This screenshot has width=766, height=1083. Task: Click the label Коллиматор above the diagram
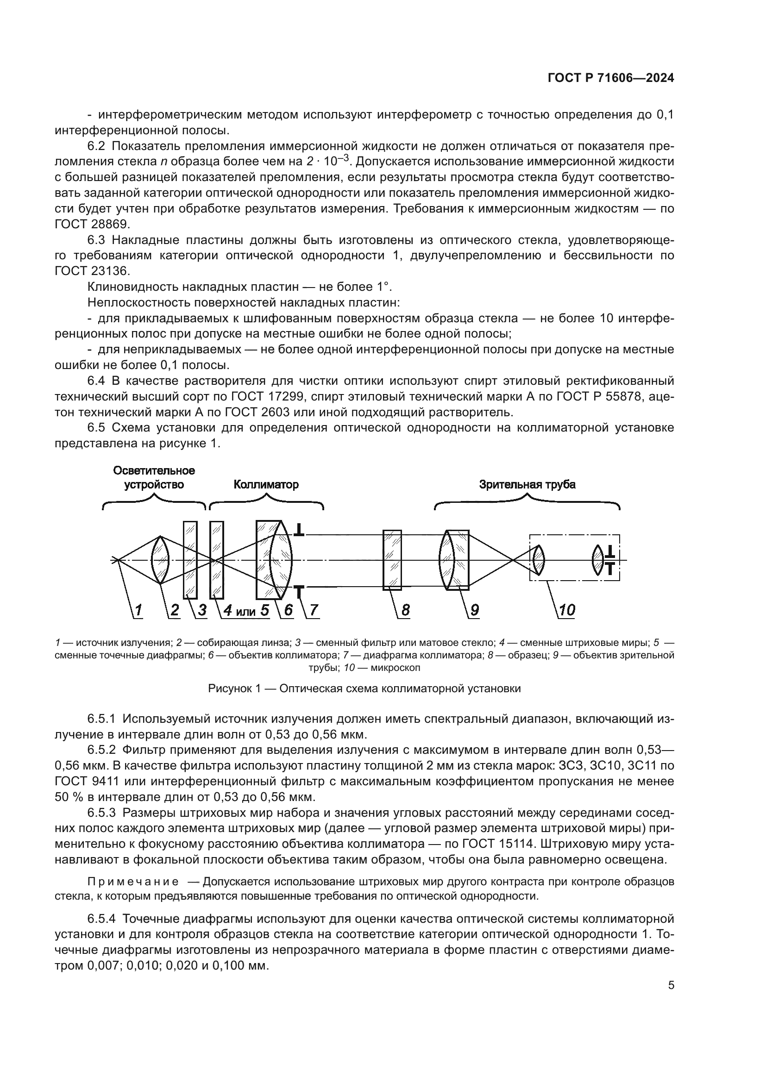(266, 484)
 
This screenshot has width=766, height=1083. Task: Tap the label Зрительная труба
(527, 484)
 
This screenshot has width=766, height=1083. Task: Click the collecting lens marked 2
(160, 560)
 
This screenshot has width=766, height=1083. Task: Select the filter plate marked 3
(190, 560)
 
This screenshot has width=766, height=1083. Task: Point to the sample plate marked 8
(392, 560)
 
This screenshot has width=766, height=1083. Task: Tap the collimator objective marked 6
(276, 560)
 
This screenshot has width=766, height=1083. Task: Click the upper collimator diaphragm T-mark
(299, 530)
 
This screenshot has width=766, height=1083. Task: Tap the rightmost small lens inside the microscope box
(597, 560)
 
